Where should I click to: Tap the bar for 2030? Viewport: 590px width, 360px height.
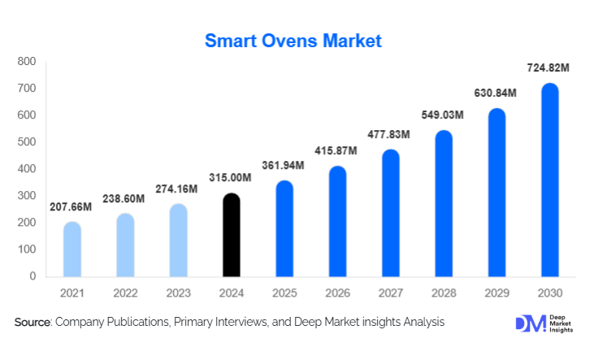coord(550,180)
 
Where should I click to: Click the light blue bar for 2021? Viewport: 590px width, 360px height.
coord(72,249)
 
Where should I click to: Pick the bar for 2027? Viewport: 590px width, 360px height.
coord(391,214)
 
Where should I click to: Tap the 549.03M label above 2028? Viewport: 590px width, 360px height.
coord(441,116)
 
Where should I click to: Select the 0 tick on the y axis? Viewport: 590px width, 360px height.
coord(33,276)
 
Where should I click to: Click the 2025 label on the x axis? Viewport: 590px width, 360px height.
coord(284,292)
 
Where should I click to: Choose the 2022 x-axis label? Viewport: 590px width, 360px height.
coord(125,292)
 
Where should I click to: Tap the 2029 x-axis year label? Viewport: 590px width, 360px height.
coord(497,292)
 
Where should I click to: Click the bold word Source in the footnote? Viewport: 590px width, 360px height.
coord(33,323)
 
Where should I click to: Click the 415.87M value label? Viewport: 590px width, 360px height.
coord(338,152)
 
